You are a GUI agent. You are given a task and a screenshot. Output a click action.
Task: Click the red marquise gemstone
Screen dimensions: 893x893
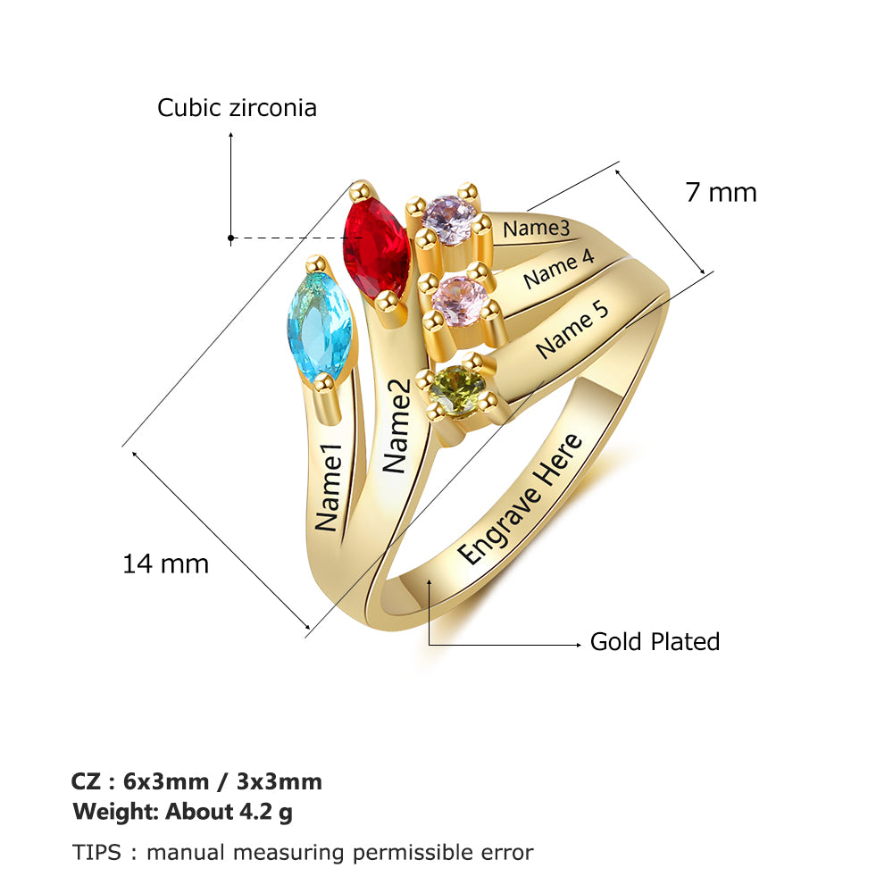point(377,248)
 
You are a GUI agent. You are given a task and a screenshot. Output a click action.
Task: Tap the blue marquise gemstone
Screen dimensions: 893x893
point(319,326)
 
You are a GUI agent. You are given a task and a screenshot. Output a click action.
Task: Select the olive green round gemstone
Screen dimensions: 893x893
point(456,392)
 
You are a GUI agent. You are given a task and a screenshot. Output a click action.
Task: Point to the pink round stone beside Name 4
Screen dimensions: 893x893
point(460,301)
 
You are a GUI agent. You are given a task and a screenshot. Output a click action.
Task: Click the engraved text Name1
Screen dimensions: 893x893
point(329,488)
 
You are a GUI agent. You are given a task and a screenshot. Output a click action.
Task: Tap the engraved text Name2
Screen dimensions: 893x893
point(396,426)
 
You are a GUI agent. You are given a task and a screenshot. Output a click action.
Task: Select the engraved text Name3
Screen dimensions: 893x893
point(536,229)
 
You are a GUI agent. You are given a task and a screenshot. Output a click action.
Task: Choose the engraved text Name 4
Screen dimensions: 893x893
point(559,269)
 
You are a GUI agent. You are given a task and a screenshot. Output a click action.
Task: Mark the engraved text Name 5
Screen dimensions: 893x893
point(572,330)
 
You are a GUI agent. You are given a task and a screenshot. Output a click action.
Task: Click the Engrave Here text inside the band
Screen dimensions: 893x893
point(520,499)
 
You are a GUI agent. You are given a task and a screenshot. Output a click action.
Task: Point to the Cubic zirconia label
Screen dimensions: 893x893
point(237,108)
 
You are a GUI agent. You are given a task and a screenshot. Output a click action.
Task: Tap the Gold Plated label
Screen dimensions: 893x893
point(655,641)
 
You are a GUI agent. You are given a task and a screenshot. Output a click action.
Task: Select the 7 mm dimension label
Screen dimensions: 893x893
point(721,192)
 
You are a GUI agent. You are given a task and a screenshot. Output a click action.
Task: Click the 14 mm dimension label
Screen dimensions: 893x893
point(166,563)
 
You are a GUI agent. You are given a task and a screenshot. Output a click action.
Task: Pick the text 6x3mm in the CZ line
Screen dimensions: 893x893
point(166,781)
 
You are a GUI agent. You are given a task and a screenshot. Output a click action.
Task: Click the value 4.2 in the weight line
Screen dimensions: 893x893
point(255,811)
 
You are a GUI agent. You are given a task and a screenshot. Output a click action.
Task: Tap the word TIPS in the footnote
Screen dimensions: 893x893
point(96,853)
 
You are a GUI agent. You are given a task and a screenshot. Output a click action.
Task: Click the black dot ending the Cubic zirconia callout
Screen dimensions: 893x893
point(230,238)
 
